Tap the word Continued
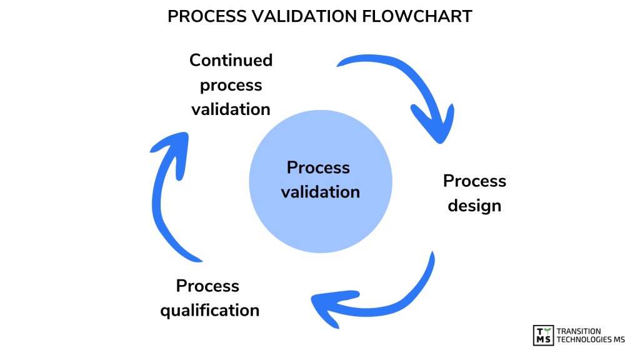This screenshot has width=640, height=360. [231, 60]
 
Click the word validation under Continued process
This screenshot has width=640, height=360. [231, 109]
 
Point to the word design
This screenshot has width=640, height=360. [475, 206]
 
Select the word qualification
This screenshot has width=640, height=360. [210, 310]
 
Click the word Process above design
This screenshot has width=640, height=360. [475, 181]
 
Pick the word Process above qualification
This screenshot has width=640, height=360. [207, 286]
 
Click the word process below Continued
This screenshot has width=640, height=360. [231, 84]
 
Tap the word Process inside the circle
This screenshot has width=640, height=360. [318, 167]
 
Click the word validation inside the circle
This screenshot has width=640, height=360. [321, 192]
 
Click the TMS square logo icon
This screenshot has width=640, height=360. [542, 335]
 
